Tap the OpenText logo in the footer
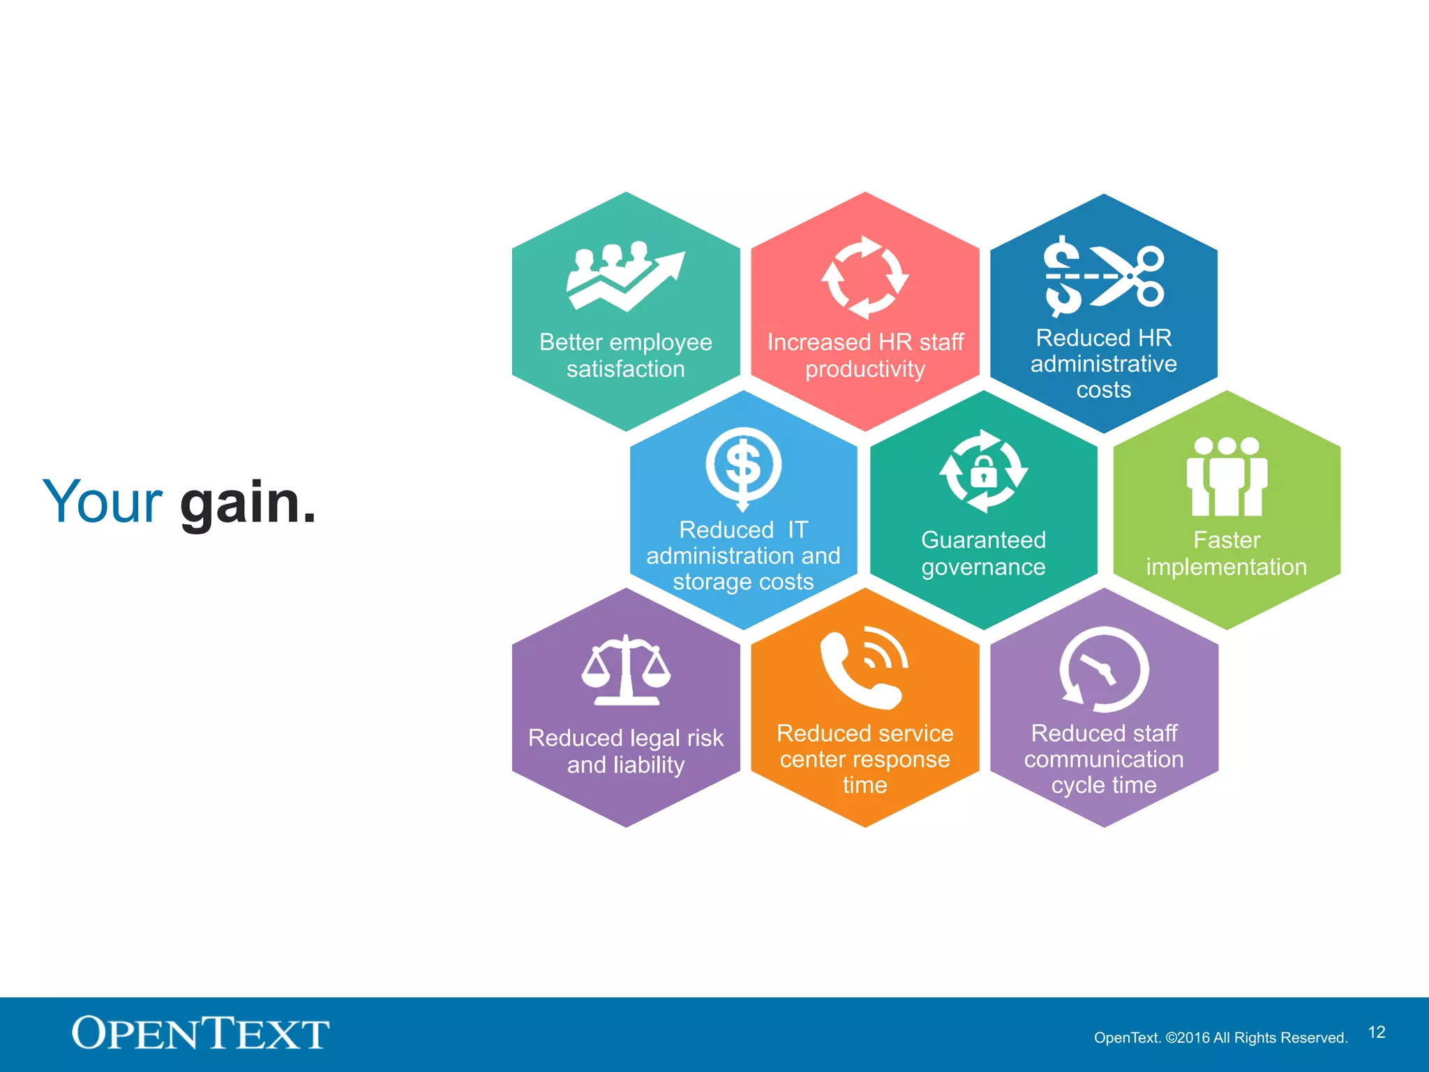[x=200, y=1034]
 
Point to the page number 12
[x=1376, y=1032]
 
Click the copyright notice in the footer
[x=1220, y=1038]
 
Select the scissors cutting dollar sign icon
[x=1104, y=276]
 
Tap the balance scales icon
[x=626, y=671]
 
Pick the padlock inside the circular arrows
[x=983, y=472]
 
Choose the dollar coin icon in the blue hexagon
[x=743, y=466]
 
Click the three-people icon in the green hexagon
[x=1227, y=476]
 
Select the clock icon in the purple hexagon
[x=1104, y=669]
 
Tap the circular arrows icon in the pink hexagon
[x=865, y=277]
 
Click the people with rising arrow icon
[x=625, y=276]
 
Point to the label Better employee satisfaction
[x=626, y=355]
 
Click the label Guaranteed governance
[x=983, y=553]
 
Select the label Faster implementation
[x=1227, y=553]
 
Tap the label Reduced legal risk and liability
[x=626, y=751]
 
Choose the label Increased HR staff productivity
[x=865, y=355]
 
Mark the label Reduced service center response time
[x=865, y=759]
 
